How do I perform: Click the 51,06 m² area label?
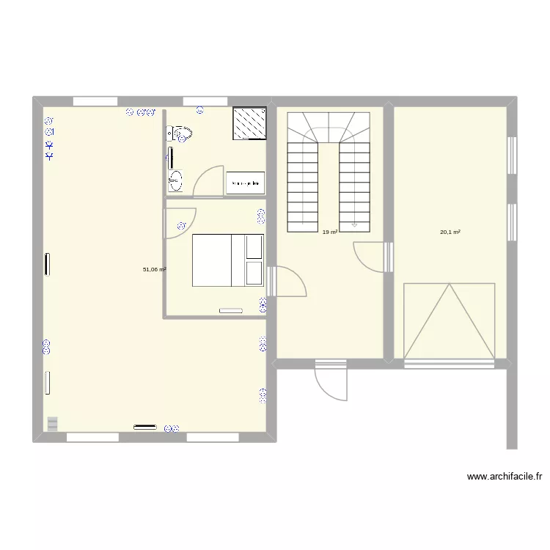[x=154, y=270]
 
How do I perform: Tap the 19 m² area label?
[x=330, y=232]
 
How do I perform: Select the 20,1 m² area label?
[x=450, y=232]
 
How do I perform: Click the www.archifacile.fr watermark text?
[x=505, y=477]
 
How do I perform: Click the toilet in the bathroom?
[x=180, y=133]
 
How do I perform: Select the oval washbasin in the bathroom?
[x=175, y=179]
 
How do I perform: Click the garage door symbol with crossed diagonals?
[x=450, y=321]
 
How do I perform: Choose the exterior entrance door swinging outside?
[x=330, y=381]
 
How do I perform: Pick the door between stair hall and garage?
[x=370, y=257]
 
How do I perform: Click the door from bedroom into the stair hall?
[x=287, y=282]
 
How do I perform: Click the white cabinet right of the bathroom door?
[x=246, y=183]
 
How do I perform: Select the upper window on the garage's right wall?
[x=513, y=155]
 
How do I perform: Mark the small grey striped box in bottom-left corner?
[x=52, y=424]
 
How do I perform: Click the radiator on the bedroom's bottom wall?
[x=230, y=310]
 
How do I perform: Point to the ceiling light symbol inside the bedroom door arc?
[x=180, y=226]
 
